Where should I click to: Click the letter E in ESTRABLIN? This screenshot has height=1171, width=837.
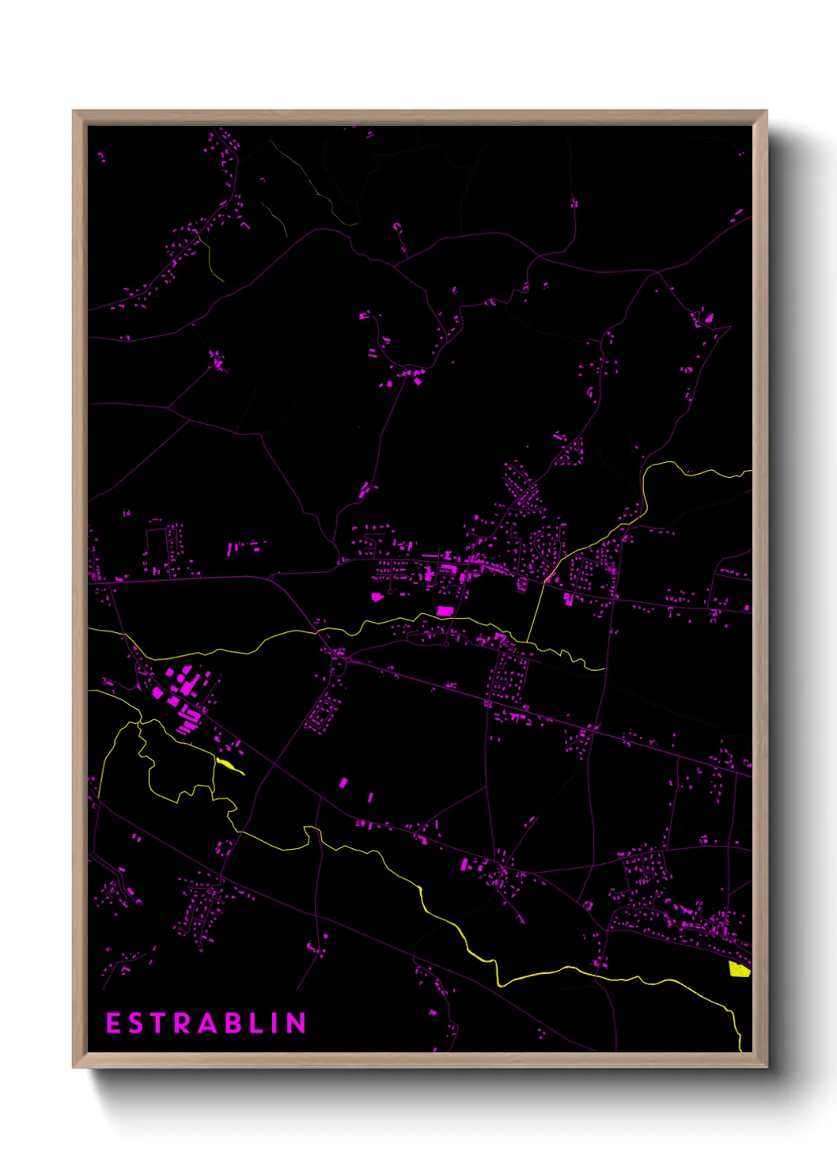(x=113, y=1023)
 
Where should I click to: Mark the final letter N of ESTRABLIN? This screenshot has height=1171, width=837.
(x=295, y=1023)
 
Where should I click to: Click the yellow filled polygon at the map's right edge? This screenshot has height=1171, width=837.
(x=739, y=969)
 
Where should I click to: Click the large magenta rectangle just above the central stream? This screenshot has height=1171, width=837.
(x=445, y=611)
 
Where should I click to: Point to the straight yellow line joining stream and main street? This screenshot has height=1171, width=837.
(x=536, y=613)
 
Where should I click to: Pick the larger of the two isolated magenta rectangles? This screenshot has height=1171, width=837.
(x=343, y=783)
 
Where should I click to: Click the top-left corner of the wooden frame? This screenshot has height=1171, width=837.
(x=74, y=112)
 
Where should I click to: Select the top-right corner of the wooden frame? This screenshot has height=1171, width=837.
(x=766, y=112)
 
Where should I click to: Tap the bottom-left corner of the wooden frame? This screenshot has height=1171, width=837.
(x=74, y=1067)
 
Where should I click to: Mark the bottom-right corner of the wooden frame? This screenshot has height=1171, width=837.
(x=766, y=1067)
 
